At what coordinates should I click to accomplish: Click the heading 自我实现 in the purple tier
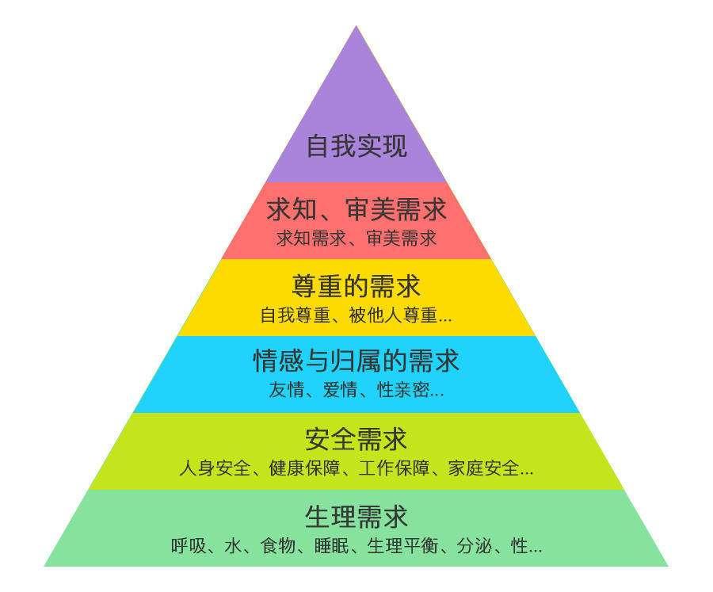point(356,146)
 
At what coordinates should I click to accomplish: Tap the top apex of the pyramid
point(356,26)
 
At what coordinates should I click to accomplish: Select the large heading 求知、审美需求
point(356,209)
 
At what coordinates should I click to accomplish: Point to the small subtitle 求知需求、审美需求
point(356,238)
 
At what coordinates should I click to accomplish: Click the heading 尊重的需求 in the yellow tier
point(356,286)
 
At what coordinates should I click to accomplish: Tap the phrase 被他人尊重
point(393,315)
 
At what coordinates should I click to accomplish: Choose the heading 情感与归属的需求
point(356,361)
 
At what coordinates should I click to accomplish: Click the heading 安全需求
point(356,440)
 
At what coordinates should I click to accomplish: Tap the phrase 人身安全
point(215,468)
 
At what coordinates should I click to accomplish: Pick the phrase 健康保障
point(304,468)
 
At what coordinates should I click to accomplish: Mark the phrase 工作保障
point(394,468)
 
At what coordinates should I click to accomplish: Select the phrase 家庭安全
point(483,468)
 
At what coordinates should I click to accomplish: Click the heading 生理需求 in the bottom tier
point(356,517)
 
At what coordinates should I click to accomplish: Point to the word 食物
point(278,545)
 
